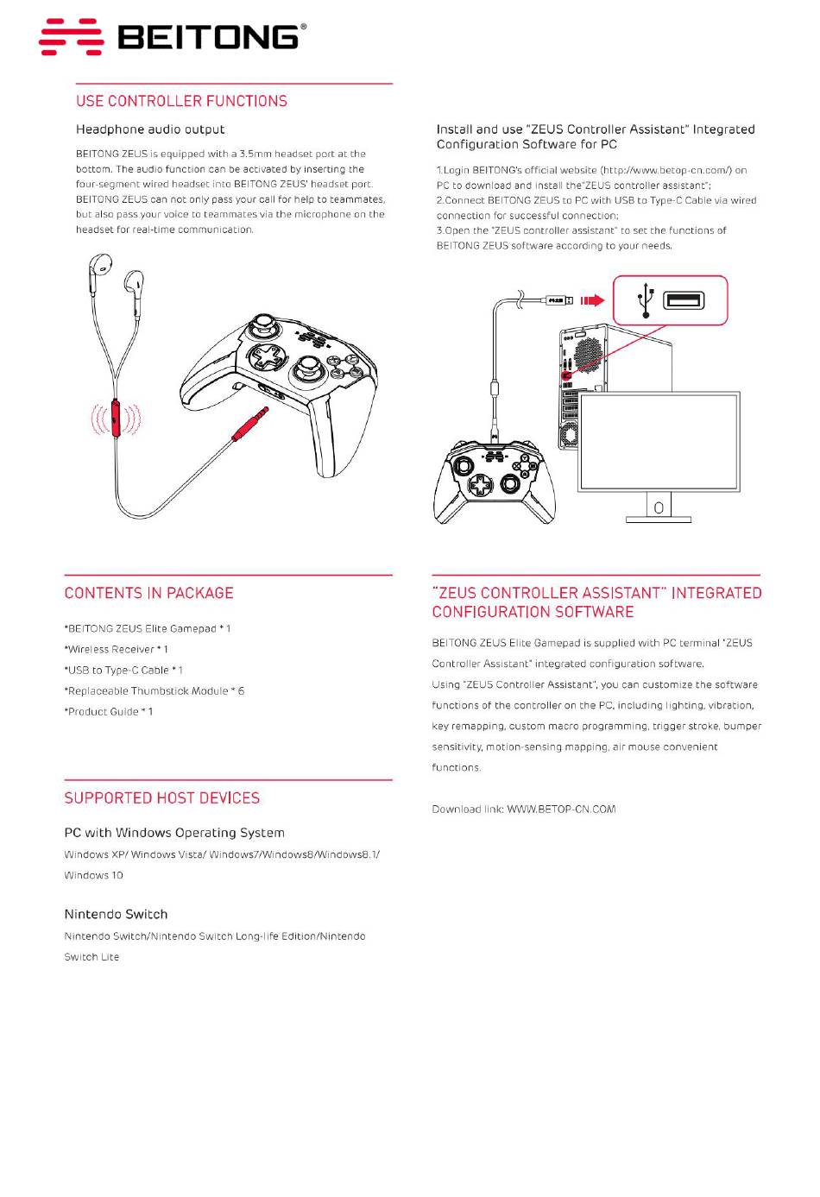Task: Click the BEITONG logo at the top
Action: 173,37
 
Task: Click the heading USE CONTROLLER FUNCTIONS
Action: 181,101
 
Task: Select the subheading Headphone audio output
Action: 150,129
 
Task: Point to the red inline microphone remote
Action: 116,419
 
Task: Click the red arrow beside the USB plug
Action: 592,300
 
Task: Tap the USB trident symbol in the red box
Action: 645,300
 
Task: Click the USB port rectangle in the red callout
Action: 684,300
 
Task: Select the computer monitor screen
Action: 659,441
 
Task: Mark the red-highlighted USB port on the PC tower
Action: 566,375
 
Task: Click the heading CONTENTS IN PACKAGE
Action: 148,593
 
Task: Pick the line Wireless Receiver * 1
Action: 117,649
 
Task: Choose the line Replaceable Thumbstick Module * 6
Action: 155,690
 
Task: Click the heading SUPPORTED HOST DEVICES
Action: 161,798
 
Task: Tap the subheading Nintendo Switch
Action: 116,914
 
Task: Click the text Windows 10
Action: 93,875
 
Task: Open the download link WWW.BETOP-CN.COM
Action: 561,810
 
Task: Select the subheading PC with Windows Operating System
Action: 174,833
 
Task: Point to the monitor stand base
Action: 658,519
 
